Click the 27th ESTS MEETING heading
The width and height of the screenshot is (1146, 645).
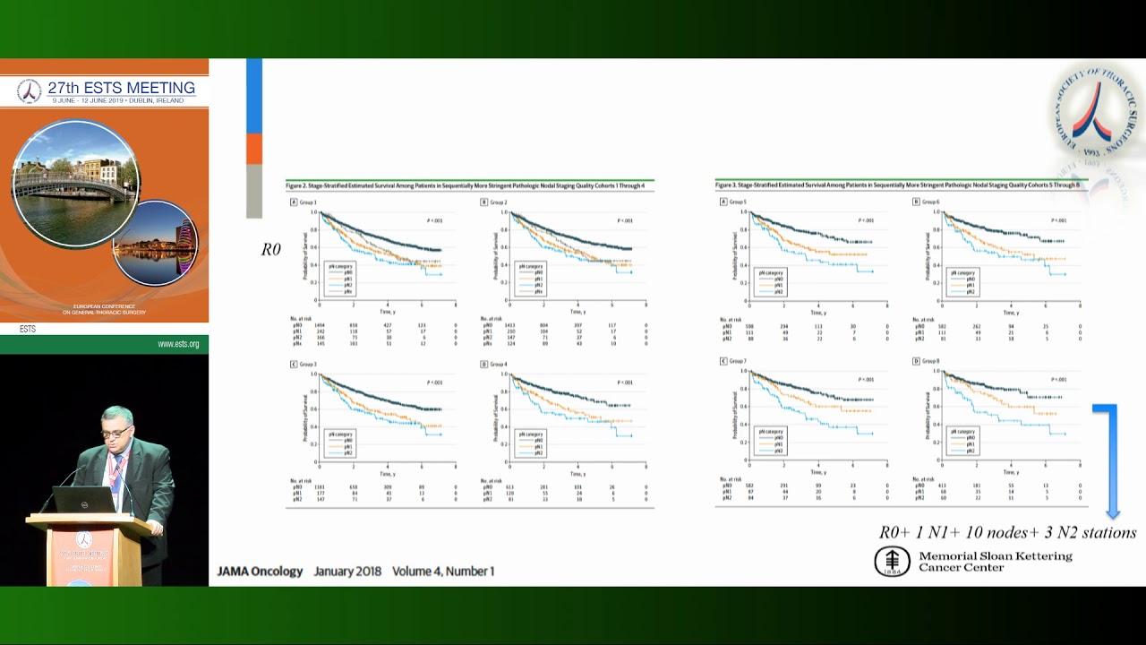[121, 88]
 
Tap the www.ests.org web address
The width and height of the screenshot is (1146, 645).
[178, 344]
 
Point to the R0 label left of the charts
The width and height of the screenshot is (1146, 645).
[271, 250]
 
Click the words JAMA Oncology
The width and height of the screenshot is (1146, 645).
[260, 572]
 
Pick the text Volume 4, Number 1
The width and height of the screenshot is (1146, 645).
[443, 572]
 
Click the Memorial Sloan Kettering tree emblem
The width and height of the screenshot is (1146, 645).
[892, 562]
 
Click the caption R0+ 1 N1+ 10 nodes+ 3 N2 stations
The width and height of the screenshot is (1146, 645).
[1007, 533]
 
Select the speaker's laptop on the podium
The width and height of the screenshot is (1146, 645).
[84, 500]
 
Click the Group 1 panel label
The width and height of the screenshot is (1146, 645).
[308, 202]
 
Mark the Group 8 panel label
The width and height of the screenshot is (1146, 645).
[930, 361]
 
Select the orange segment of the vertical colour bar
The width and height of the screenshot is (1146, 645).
[254, 149]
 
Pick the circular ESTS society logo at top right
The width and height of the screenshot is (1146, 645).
[1094, 113]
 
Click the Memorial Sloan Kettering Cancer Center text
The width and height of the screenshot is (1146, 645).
[995, 562]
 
